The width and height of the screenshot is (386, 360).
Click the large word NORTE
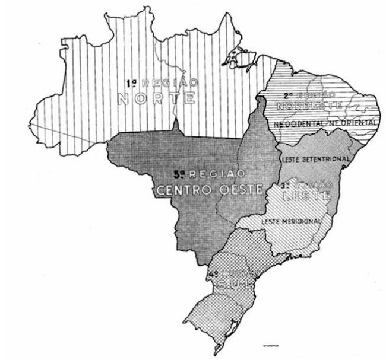[x=156, y=98]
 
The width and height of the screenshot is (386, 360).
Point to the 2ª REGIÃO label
[x=305, y=94]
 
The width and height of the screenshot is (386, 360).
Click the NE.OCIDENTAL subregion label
[x=299, y=122]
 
